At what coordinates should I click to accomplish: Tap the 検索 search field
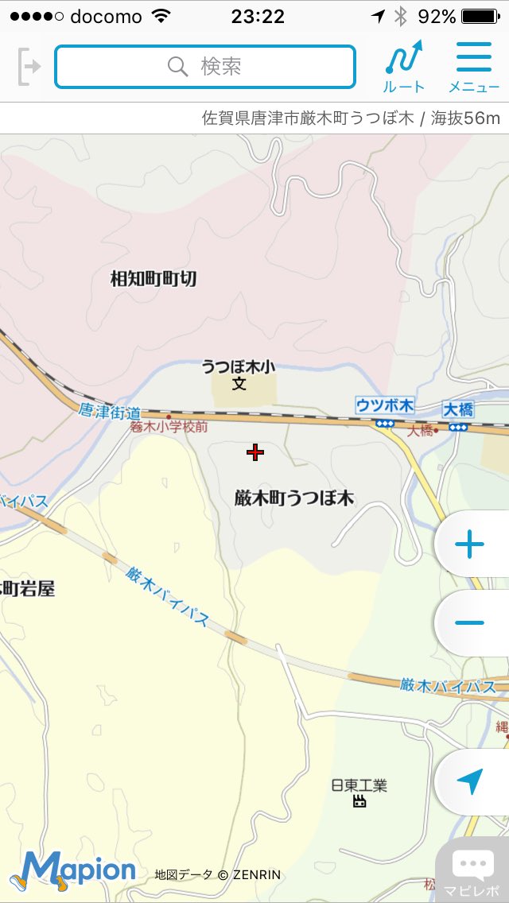click(204, 66)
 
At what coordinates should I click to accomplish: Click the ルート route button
click(404, 66)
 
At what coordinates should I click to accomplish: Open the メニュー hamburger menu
click(474, 66)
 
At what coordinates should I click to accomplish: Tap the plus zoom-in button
click(469, 545)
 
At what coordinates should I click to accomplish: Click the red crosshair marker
click(254, 453)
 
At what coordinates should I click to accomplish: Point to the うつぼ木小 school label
click(239, 367)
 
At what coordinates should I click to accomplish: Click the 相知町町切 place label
click(153, 279)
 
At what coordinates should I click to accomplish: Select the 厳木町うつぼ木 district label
click(294, 499)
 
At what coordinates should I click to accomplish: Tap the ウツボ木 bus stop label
click(385, 406)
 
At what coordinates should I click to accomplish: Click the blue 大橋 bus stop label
click(458, 410)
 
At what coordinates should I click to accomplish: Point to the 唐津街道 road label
click(111, 412)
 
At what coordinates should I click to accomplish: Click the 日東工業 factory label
click(359, 785)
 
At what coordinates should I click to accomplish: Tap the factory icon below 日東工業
click(359, 801)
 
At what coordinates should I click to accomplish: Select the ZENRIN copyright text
click(218, 875)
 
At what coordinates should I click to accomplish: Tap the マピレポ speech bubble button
click(472, 871)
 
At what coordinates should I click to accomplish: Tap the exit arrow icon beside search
click(29, 66)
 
